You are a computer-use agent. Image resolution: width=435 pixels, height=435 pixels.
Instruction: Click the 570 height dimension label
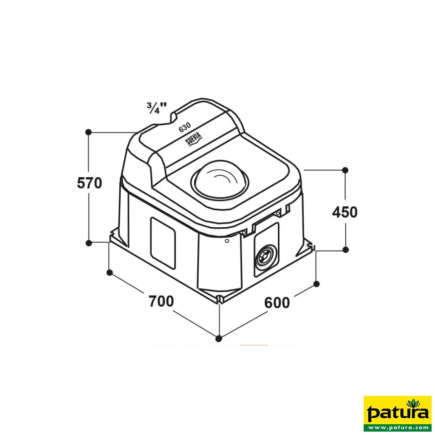[90, 183]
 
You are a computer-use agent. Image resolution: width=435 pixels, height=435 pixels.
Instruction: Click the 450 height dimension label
[345, 212]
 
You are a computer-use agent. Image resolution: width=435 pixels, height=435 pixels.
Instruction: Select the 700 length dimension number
[161, 301]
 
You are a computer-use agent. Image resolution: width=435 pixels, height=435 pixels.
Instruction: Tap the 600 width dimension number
[277, 303]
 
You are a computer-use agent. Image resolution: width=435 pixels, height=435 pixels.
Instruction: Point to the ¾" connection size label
[157, 108]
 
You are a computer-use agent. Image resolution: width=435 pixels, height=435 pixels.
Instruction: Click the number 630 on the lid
[185, 127]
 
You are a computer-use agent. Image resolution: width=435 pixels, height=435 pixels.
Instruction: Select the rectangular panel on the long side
[163, 243]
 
